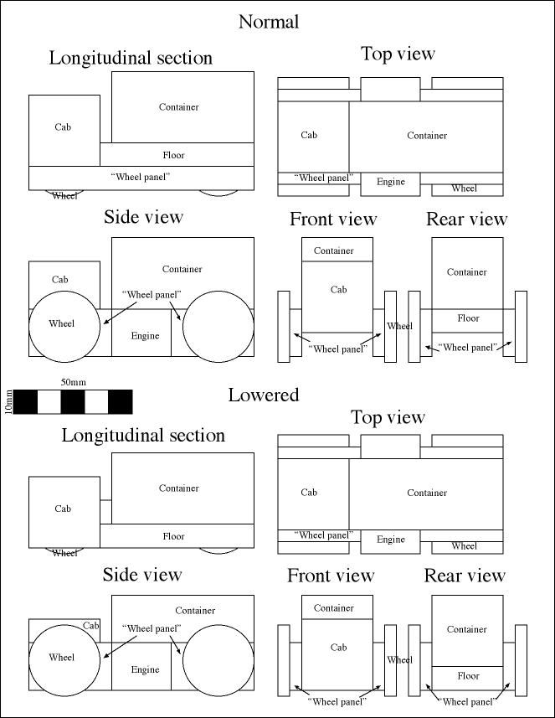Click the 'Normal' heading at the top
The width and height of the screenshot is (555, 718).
click(269, 22)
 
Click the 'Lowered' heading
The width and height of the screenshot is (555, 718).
click(264, 395)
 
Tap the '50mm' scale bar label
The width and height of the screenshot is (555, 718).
click(73, 382)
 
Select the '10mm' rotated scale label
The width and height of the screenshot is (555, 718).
click(8, 402)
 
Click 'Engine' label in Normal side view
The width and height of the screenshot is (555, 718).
click(145, 336)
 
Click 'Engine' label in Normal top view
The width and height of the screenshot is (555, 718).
click(391, 182)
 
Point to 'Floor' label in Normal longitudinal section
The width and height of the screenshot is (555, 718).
click(173, 155)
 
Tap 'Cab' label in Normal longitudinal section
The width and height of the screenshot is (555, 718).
click(63, 127)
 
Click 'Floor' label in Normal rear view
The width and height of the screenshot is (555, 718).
click(468, 318)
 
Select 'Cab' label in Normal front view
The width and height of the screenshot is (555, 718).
click(338, 289)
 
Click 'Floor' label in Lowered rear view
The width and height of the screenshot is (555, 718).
click(468, 675)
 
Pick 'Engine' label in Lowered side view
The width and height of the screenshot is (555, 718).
click(145, 669)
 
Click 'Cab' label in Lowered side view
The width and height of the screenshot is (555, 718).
click(90, 626)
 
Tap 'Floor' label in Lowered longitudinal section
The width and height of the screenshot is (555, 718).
click(173, 536)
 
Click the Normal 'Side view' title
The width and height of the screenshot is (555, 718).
click(143, 217)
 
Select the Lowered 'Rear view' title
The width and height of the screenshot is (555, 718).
click(465, 575)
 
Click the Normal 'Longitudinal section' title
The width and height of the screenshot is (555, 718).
click(131, 58)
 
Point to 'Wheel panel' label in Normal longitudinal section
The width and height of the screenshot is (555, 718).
click(141, 177)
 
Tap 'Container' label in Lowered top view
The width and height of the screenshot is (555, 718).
click(427, 493)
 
